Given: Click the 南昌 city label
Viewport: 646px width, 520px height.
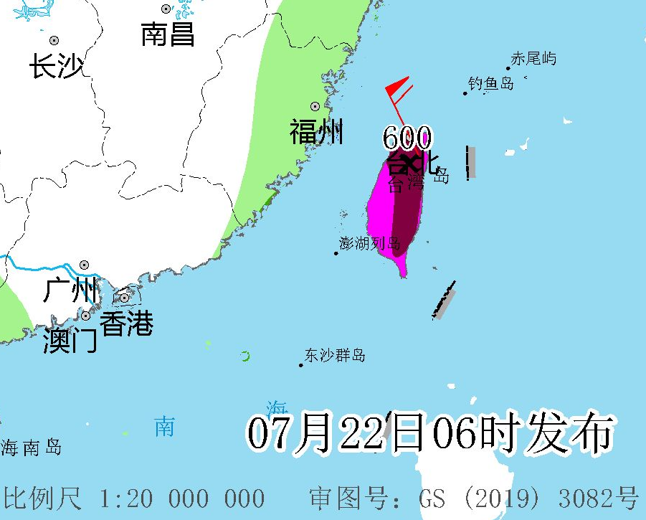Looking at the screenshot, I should pos(168,34).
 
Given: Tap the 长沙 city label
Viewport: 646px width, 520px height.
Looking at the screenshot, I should pos(56,67).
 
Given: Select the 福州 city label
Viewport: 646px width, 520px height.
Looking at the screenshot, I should pos(316,132).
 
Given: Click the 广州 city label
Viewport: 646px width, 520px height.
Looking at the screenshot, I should pos(70,290).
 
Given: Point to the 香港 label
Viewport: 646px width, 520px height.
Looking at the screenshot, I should pos(126,324).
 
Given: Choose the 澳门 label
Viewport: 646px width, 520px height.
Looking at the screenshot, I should pos(70,341).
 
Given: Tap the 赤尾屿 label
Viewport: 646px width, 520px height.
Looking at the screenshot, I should pos(533,59).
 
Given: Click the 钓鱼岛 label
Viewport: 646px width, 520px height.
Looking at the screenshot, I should pos(491,83).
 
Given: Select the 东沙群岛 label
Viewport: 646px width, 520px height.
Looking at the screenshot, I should pos(335,355).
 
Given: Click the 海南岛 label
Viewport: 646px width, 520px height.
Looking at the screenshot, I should pos(31,448).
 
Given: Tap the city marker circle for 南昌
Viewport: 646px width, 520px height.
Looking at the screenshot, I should pos(166,9).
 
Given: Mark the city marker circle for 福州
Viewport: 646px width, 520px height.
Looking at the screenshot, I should pos(315,106).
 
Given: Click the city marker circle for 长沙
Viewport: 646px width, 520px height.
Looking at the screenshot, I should pos(54,41).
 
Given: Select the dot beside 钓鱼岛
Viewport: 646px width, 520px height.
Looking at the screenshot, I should pos(465,93).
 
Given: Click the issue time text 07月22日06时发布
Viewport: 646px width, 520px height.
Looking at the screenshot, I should pos(430,433).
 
